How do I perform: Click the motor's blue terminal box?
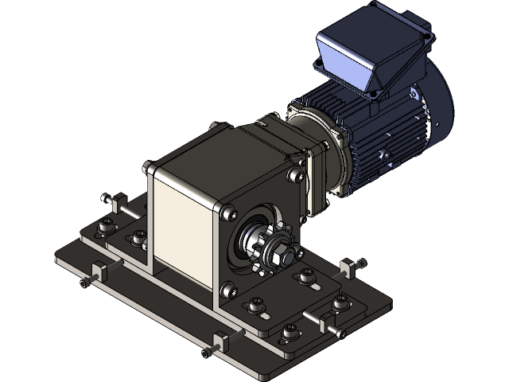pyautogui.click(x=362, y=56)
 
